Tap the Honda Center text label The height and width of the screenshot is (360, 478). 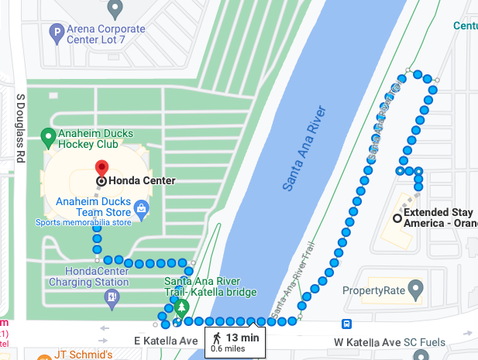tap(142, 181)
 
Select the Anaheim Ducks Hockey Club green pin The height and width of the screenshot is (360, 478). tap(47, 139)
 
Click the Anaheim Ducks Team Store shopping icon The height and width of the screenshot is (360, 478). tap(141, 207)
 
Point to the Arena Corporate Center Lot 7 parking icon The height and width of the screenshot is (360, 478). tap(56, 33)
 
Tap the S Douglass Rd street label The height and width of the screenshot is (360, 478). tap(21, 129)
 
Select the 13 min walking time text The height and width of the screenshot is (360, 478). tap(242, 338)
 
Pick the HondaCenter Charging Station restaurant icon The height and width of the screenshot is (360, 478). tap(113, 297)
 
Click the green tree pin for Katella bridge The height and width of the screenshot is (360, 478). tap(181, 307)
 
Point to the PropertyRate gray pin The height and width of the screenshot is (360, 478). tap(416, 291)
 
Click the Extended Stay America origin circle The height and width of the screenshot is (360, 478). tap(397, 218)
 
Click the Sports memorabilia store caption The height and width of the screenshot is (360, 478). tap(84, 223)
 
